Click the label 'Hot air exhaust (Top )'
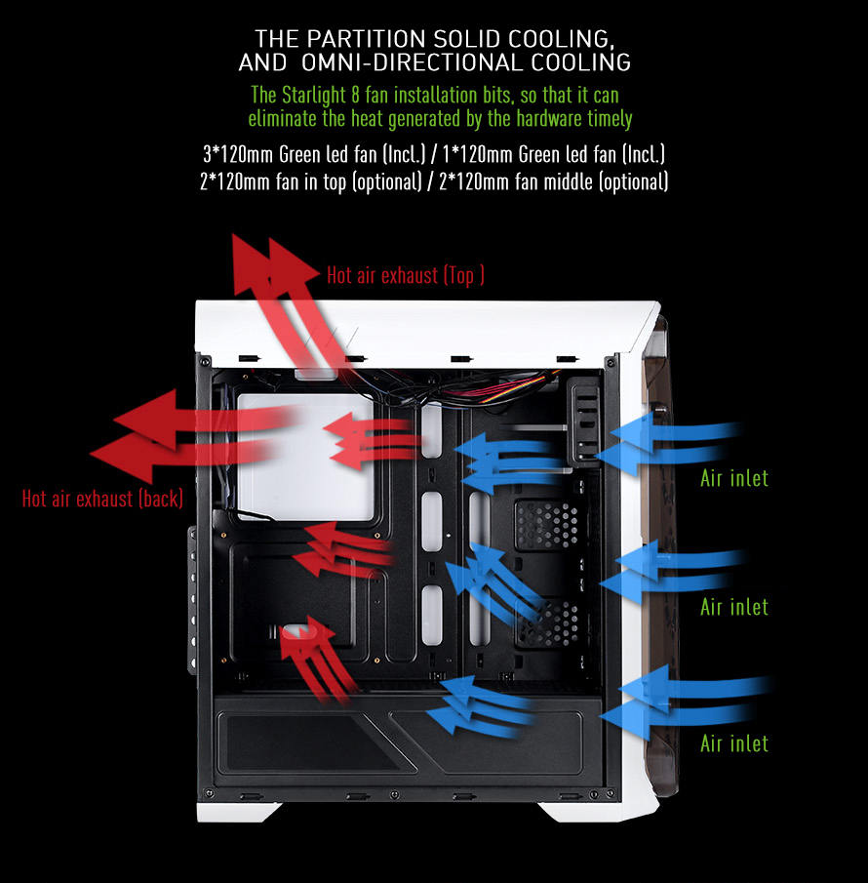pyautogui.click(x=406, y=275)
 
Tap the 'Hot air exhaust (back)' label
pyautogui.click(x=102, y=499)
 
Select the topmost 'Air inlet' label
pyautogui.click(x=734, y=478)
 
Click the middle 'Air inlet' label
pyautogui.click(x=734, y=607)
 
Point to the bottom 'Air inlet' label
pyautogui.click(x=734, y=743)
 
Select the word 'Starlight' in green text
pyautogui.click(x=314, y=96)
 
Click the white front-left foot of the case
pyautogui.click(x=238, y=812)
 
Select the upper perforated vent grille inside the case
pyautogui.click(x=546, y=525)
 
